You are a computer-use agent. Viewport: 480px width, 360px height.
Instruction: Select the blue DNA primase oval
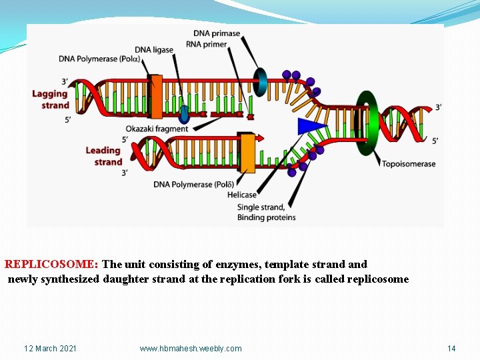click(259, 82)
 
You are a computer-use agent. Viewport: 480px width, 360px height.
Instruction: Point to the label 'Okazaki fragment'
click(157, 129)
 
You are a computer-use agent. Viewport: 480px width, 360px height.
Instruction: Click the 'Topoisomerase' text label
click(408, 164)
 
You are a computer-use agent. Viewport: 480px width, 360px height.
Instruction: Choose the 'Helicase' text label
click(241, 195)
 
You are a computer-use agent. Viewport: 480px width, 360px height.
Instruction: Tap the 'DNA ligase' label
click(154, 49)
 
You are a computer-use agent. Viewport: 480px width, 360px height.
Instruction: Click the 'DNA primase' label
click(217, 33)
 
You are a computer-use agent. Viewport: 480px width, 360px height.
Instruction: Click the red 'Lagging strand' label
click(51, 99)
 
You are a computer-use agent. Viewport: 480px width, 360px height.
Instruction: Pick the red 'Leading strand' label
click(104, 156)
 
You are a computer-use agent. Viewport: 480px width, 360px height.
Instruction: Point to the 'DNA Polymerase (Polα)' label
click(99, 58)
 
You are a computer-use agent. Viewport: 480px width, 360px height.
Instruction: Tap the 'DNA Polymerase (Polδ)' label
click(193, 184)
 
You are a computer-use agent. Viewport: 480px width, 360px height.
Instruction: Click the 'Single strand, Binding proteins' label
click(266, 212)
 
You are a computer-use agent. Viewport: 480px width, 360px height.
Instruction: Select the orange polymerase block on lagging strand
click(157, 96)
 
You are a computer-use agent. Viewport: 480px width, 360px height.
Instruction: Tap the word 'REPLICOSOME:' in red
click(51, 265)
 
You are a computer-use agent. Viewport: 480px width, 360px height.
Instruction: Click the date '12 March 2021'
click(50, 349)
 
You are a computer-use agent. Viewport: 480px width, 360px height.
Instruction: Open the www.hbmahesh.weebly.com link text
click(191, 349)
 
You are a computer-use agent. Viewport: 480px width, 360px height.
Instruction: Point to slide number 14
click(451, 349)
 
